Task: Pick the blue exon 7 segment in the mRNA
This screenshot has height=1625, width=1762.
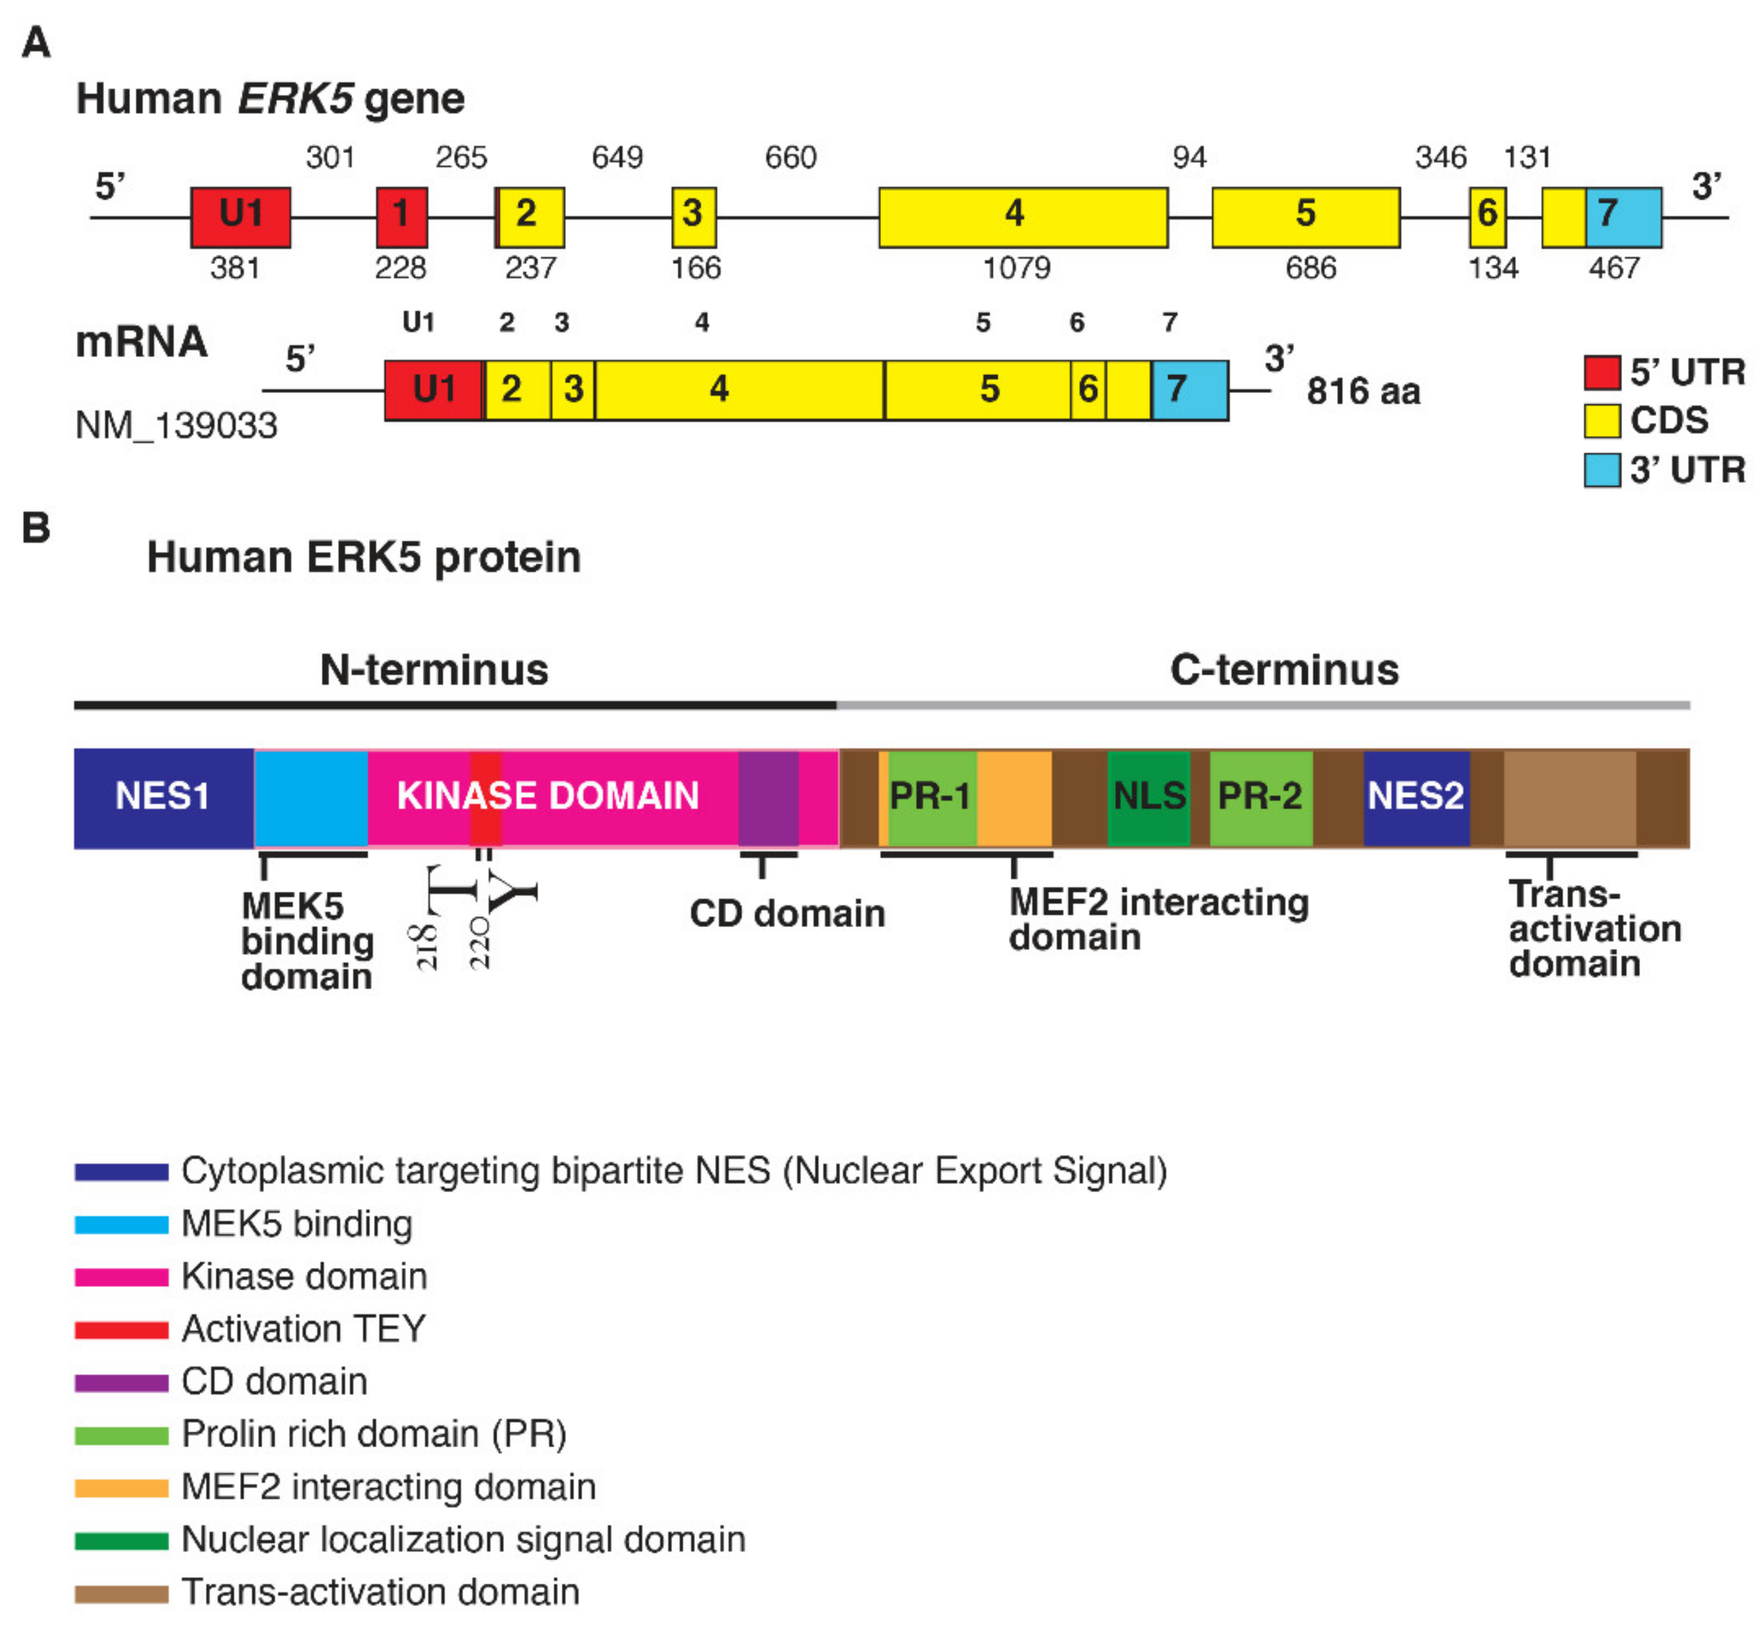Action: [x=1189, y=389]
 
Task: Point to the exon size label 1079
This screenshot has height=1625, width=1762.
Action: [x=1017, y=267]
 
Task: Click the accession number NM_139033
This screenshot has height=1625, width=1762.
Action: [x=176, y=425]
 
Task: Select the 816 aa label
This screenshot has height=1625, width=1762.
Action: [x=1363, y=391]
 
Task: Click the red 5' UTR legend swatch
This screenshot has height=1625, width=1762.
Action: [x=1602, y=372]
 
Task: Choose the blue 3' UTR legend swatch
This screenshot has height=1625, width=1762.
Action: [x=1602, y=470]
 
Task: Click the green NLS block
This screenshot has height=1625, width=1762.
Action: [x=1148, y=797]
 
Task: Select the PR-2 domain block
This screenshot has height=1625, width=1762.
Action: [x=1260, y=797]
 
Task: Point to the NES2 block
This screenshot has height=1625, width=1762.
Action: [x=1416, y=797]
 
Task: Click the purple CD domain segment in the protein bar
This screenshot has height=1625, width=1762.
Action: [x=768, y=797]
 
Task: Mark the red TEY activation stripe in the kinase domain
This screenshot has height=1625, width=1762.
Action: [x=484, y=797]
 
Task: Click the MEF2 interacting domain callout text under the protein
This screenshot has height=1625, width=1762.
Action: [x=1158, y=919]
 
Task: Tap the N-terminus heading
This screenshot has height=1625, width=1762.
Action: [x=434, y=670]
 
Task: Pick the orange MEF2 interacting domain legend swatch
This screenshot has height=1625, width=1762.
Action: [x=121, y=1488]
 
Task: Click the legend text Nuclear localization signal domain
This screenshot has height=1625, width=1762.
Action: [x=463, y=1540]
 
